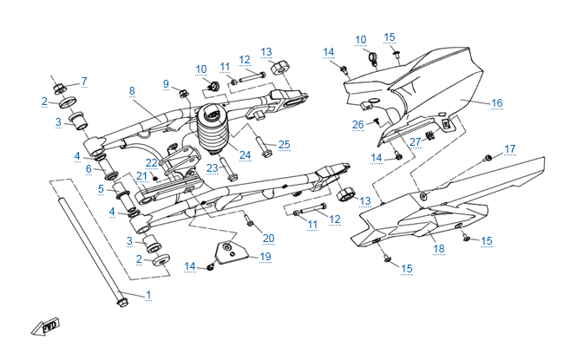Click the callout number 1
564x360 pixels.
pos(148,295)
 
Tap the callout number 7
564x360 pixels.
pos(84,82)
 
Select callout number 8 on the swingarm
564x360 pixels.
pos(132,90)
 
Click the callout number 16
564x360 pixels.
pos(496,103)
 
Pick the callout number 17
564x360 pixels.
pos(509,148)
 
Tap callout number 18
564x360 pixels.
pos(438,250)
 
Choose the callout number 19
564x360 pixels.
pos(265,257)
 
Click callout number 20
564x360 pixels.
pos(267,238)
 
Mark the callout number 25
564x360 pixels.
pos(284,143)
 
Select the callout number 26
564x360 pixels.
pos(357,124)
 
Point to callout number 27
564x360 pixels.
pos(415,141)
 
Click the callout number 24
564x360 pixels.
pos(245,156)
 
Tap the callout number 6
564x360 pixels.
pos(89,168)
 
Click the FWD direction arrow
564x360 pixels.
pos(41,328)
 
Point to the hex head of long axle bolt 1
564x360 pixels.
pos(119,303)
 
